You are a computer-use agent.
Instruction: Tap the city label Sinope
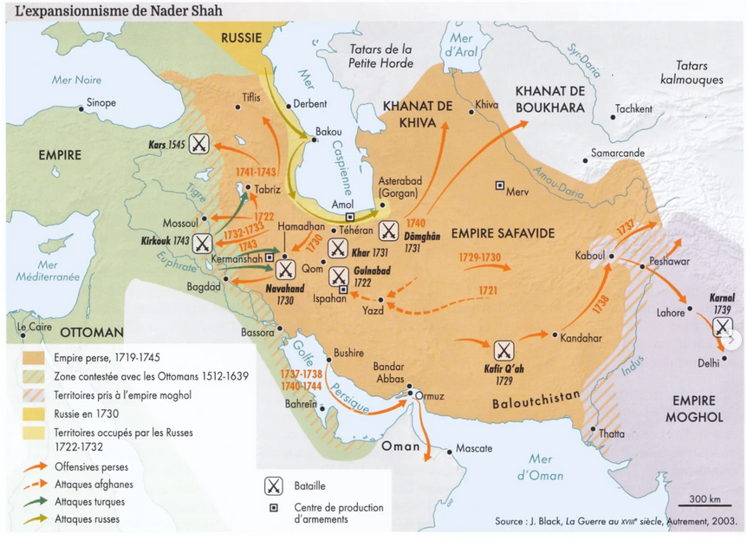tap(101, 104)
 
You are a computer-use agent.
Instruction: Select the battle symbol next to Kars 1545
tap(199, 145)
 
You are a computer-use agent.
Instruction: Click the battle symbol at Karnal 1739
tap(721, 327)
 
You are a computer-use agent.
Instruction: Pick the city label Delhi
tap(708, 363)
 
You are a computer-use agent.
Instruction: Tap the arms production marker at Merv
tap(499, 185)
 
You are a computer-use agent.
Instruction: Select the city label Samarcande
tap(617, 153)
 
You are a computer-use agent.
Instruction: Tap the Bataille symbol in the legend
tap(274, 486)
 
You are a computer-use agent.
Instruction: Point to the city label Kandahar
tap(581, 338)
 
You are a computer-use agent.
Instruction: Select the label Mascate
tap(473, 448)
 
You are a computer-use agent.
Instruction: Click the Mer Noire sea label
tap(76, 80)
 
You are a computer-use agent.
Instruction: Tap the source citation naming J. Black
tap(616, 523)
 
